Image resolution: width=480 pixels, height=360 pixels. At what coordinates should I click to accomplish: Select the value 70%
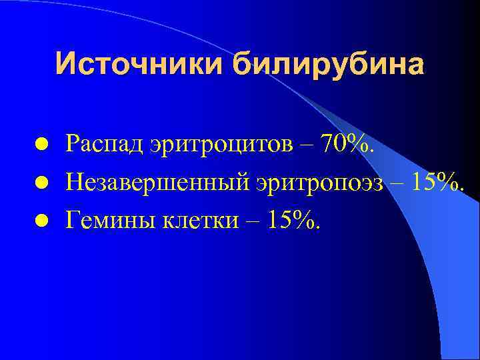coord(347,143)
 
